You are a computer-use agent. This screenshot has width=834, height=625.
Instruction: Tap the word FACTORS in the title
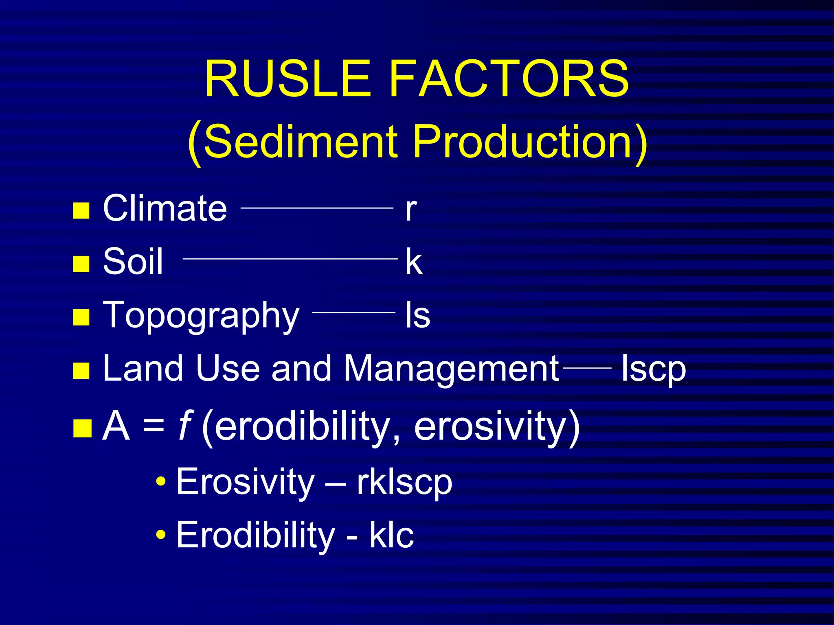point(509,79)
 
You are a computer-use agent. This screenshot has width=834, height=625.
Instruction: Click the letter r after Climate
point(410,210)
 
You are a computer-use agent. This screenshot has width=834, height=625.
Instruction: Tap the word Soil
point(133,261)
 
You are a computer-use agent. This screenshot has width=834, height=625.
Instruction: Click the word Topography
point(201,316)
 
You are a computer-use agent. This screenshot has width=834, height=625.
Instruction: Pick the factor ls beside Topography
point(417,315)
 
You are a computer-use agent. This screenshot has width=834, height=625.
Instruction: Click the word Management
point(451,368)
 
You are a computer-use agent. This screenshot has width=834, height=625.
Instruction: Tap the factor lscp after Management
point(653,369)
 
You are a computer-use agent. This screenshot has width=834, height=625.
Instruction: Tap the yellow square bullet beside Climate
point(81,210)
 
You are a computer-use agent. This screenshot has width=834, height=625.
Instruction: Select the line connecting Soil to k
point(290,258)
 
